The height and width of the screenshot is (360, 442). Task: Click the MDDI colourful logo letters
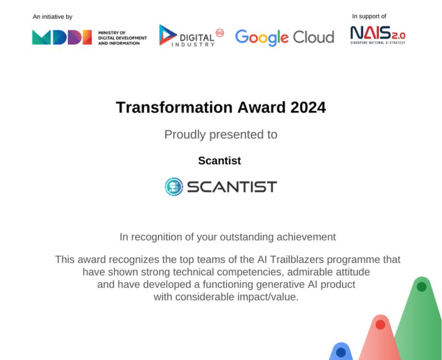coord(62,37)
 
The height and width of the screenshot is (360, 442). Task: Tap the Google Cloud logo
coord(285,38)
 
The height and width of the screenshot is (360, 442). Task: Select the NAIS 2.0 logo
coord(378,35)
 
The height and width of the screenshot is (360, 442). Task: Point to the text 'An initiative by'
coord(52,17)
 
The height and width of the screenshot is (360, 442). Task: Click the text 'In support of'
coord(369,16)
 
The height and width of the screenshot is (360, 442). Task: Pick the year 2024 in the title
coord(308,107)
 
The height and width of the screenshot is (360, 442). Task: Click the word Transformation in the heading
coord(174,107)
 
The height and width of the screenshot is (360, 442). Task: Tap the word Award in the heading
coord(261,107)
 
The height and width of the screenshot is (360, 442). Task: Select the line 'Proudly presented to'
coord(221,135)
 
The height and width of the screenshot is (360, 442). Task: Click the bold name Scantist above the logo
coord(220,161)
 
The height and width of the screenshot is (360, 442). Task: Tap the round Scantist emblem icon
coord(174,186)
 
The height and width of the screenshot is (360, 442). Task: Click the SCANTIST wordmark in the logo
coord(232,187)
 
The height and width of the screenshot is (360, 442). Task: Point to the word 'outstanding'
coord(247,237)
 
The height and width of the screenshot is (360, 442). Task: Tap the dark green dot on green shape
coord(422,287)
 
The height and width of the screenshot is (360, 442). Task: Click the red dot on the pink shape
coord(380,325)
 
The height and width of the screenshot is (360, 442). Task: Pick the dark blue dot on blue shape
coord(341,352)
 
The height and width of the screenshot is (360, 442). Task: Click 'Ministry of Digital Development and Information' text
coord(123,38)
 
